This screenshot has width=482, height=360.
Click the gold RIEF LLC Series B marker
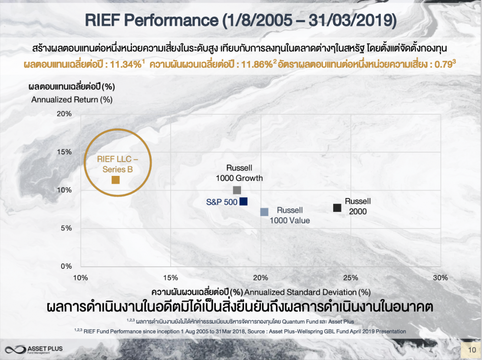pyautogui.click(x=116, y=180)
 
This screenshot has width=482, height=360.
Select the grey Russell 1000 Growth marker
pyautogui.click(x=237, y=190)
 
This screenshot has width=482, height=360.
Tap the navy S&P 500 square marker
pyautogui.click(x=243, y=201)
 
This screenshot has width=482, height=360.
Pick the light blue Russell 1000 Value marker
pyautogui.click(x=264, y=212)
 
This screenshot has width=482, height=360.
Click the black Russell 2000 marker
pyautogui.click(x=337, y=208)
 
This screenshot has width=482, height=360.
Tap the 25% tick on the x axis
pyautogui.click(x=350, y=277)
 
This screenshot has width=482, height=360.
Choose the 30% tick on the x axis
pyautogui.click(x=440, y=277)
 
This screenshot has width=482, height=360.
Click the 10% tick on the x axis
pyautogui.click(x=81, y=277)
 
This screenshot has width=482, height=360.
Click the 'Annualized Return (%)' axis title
pyautogui.click(x=72, y=99)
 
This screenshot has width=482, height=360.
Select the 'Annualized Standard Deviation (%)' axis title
pyautogui.click(x=310, y=292)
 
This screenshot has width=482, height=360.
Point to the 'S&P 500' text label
pyautogui.click(x=221, y=202)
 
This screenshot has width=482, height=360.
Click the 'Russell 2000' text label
pyautogui.click(x=358, y=206)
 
